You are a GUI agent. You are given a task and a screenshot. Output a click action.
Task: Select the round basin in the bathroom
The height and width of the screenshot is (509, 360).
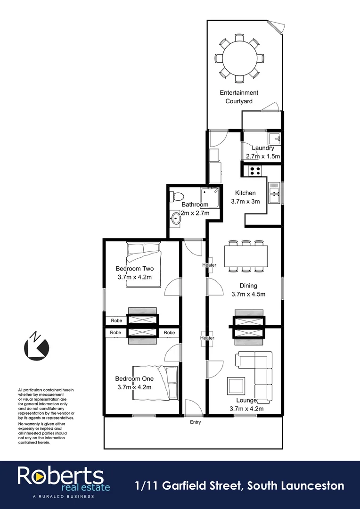(176, 218)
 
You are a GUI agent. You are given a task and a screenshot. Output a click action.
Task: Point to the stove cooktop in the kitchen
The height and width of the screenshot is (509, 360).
(255, 170)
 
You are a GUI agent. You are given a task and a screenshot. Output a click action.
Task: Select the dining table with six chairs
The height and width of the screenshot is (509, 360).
(245, 257)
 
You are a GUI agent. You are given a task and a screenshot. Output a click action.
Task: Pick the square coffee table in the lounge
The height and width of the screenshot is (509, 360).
(236, 386)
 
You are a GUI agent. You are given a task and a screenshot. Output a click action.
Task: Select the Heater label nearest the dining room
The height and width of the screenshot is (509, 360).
(209, 265)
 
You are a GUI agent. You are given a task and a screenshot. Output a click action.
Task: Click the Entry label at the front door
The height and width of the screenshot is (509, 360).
(195, 422)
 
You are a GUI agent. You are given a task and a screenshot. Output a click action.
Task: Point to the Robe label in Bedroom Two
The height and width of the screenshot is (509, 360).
(116, 320)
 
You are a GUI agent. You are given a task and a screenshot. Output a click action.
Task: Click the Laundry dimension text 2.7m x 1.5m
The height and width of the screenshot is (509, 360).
(263, 156)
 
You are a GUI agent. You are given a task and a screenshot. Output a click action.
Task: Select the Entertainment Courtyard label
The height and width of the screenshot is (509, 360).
(239, 97)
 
